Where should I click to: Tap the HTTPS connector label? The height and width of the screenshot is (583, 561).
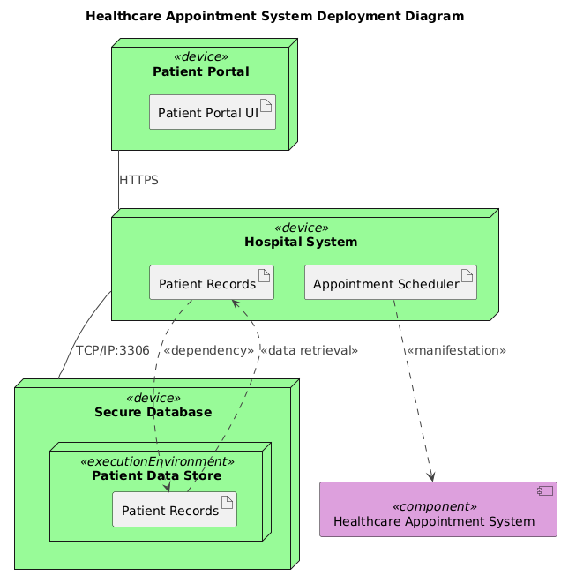pyautogui.click(x=138, y=180)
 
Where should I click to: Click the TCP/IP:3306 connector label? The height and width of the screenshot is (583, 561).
pyautogui.click(x=112, y=350)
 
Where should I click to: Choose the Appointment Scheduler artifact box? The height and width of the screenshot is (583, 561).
pyautogui.click(x=390, y=283)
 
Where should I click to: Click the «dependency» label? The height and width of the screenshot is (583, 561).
pyautogui.click(x=208, y=350)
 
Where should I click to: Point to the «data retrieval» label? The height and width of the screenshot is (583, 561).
pyautogui.click(x=309, y=350)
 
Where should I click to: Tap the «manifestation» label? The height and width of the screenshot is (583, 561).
pyautogui.click(x=455, y=350)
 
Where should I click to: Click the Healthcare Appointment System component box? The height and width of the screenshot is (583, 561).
pyautogui.click(x=438, y=510)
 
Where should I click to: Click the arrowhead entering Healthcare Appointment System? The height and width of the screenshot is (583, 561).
pyautogui.click(x=431, y=476)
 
